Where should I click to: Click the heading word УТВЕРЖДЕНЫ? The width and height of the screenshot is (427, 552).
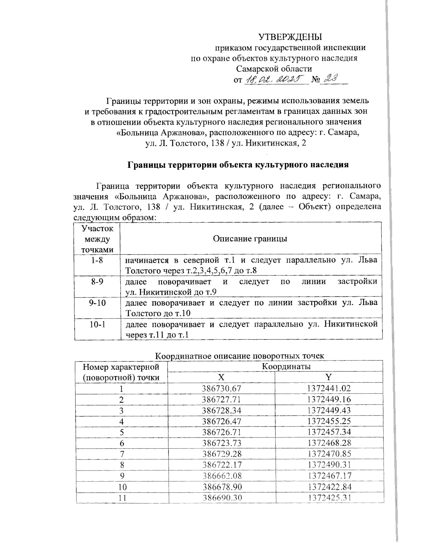tap(290, 37)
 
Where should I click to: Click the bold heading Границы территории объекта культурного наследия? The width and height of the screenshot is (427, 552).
tap(238, 165)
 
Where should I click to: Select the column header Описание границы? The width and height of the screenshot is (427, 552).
tap(250, 239)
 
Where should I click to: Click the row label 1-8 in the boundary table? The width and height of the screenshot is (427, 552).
tap(97, 261)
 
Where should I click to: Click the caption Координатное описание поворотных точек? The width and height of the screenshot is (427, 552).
tap(241, 355)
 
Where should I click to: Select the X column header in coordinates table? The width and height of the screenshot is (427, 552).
tap(221, 377)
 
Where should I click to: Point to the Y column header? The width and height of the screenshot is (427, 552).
tap(328, 377)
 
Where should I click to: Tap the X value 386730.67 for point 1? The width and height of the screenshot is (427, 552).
tap(222, 388)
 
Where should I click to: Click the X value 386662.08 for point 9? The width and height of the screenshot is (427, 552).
tap(222, 476)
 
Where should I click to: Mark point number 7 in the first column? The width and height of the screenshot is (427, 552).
tap(122, 454)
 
